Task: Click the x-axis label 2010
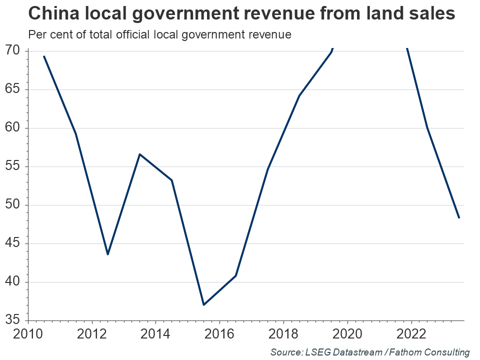[x=28, y=333]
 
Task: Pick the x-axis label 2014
[x=155, y=333]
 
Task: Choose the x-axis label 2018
[x=283, y=333]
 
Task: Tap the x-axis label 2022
[x=411, y=333]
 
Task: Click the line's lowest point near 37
[x=203, y=304]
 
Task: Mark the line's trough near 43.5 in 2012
[x=107, y=254]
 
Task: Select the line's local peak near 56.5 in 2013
[x=139, y=154]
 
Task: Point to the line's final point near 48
[x=458, y=217]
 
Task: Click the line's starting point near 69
[x=44, y=56]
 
